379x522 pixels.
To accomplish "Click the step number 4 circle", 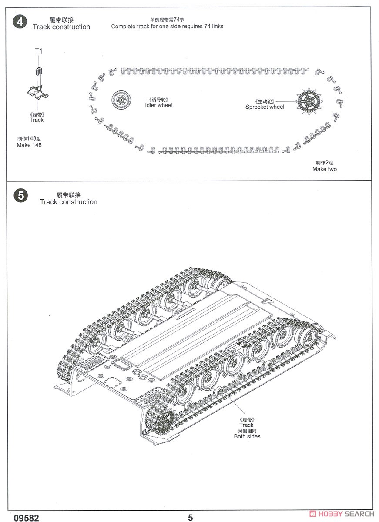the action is (x=20, y=22).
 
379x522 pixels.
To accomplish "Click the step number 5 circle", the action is (x=21, y=195).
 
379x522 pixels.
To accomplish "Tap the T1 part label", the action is (x=38, y=51).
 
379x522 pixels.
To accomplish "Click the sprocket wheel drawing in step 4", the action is (x=309, y=102).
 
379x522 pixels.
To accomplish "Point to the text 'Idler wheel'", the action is (x=159, y=105).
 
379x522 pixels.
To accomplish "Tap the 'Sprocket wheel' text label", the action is (x=265, y=107).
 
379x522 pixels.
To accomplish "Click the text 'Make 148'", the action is (x=29, y=145).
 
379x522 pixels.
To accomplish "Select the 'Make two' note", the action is (x=325, y=169).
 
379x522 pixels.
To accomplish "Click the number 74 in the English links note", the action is (x=207, y=26).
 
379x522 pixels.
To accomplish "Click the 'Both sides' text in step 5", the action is (x=247, y=436).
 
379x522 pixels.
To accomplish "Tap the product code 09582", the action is (x=27, y=517).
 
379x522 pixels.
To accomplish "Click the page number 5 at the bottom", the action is (x=191, y=517).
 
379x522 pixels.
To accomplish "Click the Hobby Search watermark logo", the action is (x=342, y=514).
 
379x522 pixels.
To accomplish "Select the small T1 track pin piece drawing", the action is (x=39, y=71).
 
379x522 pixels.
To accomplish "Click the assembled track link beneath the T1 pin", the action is (x=38, y=92).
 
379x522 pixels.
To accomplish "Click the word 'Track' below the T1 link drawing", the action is (x=37, y=120).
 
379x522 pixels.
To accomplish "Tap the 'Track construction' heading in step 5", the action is (x=68, y=202).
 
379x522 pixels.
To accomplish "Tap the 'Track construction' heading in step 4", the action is (x=61, y=27).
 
